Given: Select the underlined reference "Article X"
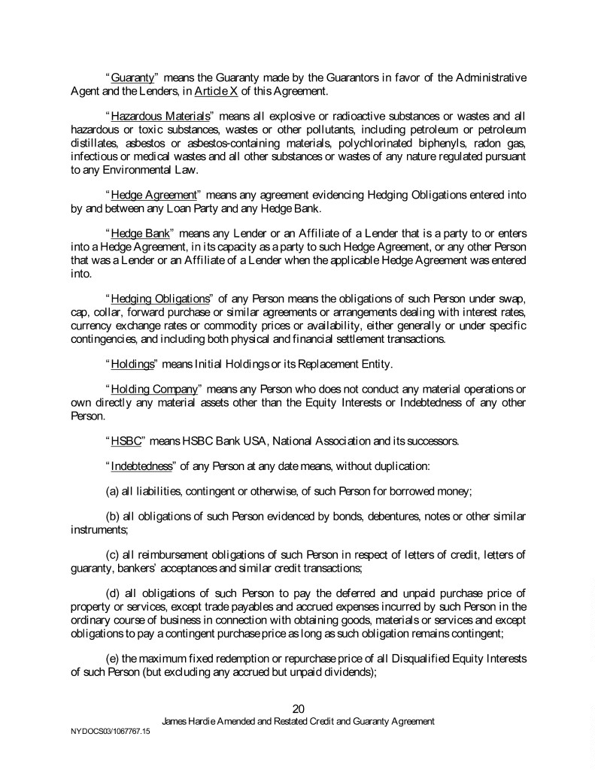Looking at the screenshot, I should pos(215,92).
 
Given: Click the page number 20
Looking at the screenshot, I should pos(298,708).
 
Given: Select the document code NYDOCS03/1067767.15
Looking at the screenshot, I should pos(104,730).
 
